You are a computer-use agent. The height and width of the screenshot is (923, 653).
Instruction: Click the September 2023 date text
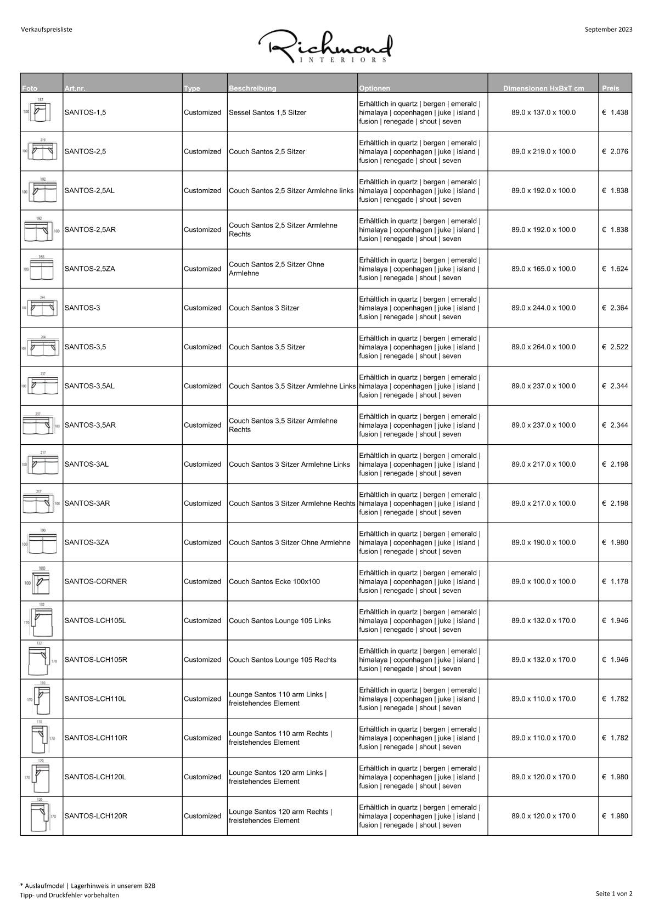coord(608,30)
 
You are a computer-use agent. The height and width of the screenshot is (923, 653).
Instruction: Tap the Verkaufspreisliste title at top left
coord(47,30)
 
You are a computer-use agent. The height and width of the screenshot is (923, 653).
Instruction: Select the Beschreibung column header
coord(252,88)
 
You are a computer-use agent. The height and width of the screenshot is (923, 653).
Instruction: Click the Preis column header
coord(610,88)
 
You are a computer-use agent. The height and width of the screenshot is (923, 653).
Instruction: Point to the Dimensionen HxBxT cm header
coord(543,88)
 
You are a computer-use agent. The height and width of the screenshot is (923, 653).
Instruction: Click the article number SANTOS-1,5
coord(85,112)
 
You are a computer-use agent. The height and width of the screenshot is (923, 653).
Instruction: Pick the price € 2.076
coord(615,151)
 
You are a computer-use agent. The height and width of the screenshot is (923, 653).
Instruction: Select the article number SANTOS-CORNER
coord(95,581)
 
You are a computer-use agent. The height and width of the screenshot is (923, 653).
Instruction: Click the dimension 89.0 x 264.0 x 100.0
coord(543,347)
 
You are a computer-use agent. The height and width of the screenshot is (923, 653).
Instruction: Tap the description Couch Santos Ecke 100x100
coord(274,581)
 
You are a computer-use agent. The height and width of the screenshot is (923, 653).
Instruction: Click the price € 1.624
coord(615,269)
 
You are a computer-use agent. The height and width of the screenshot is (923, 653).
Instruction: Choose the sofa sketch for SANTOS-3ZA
coord(41,542)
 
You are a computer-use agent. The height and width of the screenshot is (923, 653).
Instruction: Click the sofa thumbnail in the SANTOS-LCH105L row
coord(41,620)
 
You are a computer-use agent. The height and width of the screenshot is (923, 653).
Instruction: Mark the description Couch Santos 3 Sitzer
coord(264,308)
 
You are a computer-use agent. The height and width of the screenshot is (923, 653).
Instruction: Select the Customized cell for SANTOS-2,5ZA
coord(202,269)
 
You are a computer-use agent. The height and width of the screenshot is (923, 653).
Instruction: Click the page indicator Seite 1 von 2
coord(613,893)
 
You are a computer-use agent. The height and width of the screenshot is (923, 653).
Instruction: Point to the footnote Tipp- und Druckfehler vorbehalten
coord(69,895)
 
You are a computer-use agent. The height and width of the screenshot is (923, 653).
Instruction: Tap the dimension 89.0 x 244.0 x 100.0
coord(543,308)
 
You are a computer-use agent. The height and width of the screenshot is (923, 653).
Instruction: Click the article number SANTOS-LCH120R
coord(95,816)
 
